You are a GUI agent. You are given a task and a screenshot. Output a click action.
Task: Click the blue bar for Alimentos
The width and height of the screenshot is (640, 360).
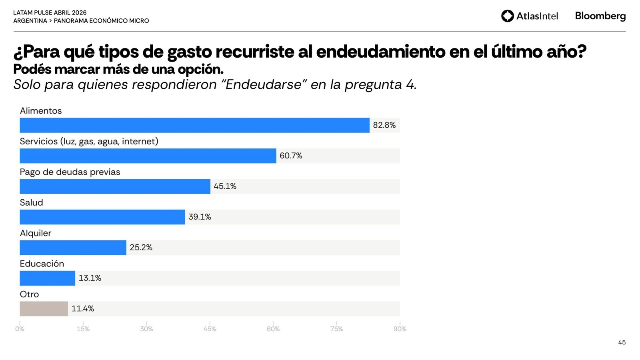pos(194,125)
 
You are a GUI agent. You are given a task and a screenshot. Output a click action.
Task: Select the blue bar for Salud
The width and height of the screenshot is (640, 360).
pos(102,217)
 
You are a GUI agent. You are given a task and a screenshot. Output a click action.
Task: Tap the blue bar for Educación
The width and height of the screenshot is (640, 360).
pos(47,278)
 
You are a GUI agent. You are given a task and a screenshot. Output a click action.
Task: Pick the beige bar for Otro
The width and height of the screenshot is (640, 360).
pos(44,308)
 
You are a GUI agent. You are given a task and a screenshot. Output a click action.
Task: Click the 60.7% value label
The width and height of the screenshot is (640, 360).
pos(291,156)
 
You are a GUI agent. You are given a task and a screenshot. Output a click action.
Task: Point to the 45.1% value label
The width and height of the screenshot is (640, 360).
pos(225,186)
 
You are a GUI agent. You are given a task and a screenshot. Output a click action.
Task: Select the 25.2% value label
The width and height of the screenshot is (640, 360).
pos(141,248)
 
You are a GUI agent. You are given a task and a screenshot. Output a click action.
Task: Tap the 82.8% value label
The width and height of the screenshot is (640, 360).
pos(384,125)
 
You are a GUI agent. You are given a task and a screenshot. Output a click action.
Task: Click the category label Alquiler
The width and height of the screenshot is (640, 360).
pos(36,233)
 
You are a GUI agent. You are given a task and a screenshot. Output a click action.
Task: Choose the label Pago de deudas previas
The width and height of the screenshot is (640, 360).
pos(70,172)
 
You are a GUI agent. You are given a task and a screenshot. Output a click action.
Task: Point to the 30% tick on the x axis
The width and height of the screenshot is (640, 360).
pos(146,329)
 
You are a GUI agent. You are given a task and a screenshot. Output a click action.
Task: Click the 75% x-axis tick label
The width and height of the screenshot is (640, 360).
pos(336,329)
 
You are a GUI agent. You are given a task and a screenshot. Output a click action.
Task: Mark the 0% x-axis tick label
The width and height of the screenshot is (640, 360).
pos(20,329)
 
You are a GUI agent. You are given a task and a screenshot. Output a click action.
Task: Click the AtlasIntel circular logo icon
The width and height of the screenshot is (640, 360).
pos(507,16)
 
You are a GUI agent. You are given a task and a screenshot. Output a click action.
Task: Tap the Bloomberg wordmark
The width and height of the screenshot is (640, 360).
pos(600,16)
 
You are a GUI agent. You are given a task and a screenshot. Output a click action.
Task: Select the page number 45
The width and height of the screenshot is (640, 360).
pos(622,342)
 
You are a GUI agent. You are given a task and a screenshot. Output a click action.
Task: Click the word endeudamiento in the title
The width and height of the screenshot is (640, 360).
pos(380,52)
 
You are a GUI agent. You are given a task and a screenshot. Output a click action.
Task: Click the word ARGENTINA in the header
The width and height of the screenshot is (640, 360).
pos(30,21)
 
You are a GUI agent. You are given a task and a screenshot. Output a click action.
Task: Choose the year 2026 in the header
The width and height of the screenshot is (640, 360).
pos(79,13)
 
